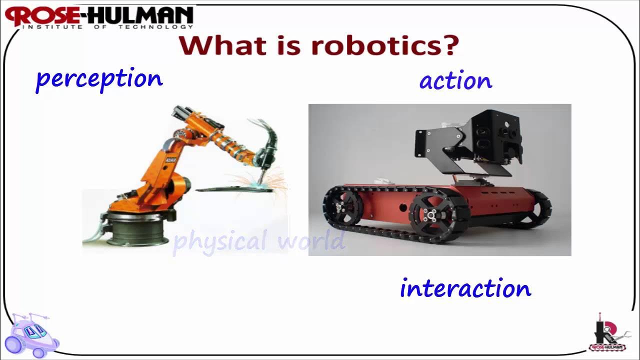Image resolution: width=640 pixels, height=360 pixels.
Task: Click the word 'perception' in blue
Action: [99, 80]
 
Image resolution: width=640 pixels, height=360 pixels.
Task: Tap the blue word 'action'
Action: [455, 81]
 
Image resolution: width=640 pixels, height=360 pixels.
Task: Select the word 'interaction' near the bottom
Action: [465, 289]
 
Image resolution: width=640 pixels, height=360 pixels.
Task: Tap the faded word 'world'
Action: [311, 241]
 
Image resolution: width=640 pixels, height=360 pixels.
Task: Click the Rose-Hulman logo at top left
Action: [100, 16]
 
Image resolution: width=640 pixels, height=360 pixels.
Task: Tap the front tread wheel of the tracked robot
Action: [432, 215]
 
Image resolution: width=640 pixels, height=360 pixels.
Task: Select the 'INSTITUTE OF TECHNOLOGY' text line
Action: [107, 27]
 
